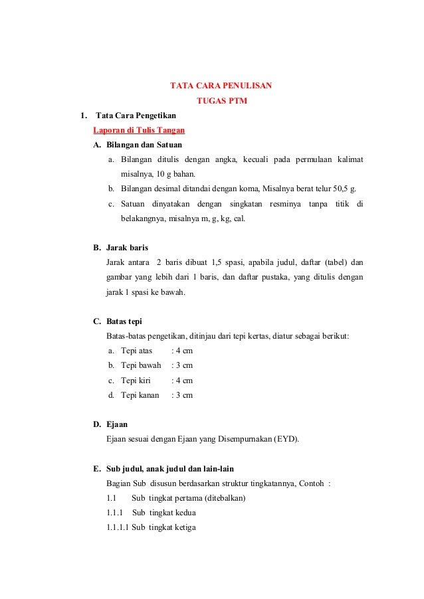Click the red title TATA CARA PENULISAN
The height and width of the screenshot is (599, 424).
(x=221, y=86)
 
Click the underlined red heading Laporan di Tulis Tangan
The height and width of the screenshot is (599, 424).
(x=139, y=129)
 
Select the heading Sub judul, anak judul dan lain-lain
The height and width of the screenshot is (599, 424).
(x=169, y=468)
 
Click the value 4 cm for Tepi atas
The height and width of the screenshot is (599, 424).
(x=183, y=351)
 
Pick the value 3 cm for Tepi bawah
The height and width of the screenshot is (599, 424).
(x=183, y=365)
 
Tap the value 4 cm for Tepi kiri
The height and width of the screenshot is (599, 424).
(x=183, y=381)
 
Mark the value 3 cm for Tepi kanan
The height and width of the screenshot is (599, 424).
(x=183, y=395)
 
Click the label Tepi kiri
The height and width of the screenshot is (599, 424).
(x=136, y=381)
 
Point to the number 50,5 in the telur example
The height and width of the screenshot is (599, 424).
(x=341, y=189)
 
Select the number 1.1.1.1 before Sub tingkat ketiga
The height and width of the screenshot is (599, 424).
(x=118, y=528)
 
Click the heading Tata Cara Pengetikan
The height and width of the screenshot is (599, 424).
(x=136, y=116)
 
